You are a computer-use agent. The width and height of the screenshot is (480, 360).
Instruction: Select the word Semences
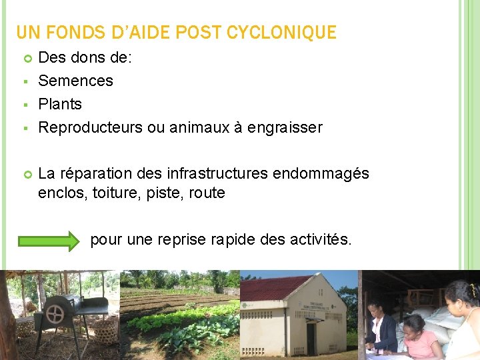pyautogui.click(x=75, y=81)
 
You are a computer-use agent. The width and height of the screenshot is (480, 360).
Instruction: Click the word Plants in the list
pyautogui.click(x=60, y=104)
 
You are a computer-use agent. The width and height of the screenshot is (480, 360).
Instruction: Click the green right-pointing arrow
pyautogui.click(x=49, y=240)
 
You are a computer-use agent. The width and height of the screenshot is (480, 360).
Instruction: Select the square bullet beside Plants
pyautogui.click(x=24, y=105)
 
